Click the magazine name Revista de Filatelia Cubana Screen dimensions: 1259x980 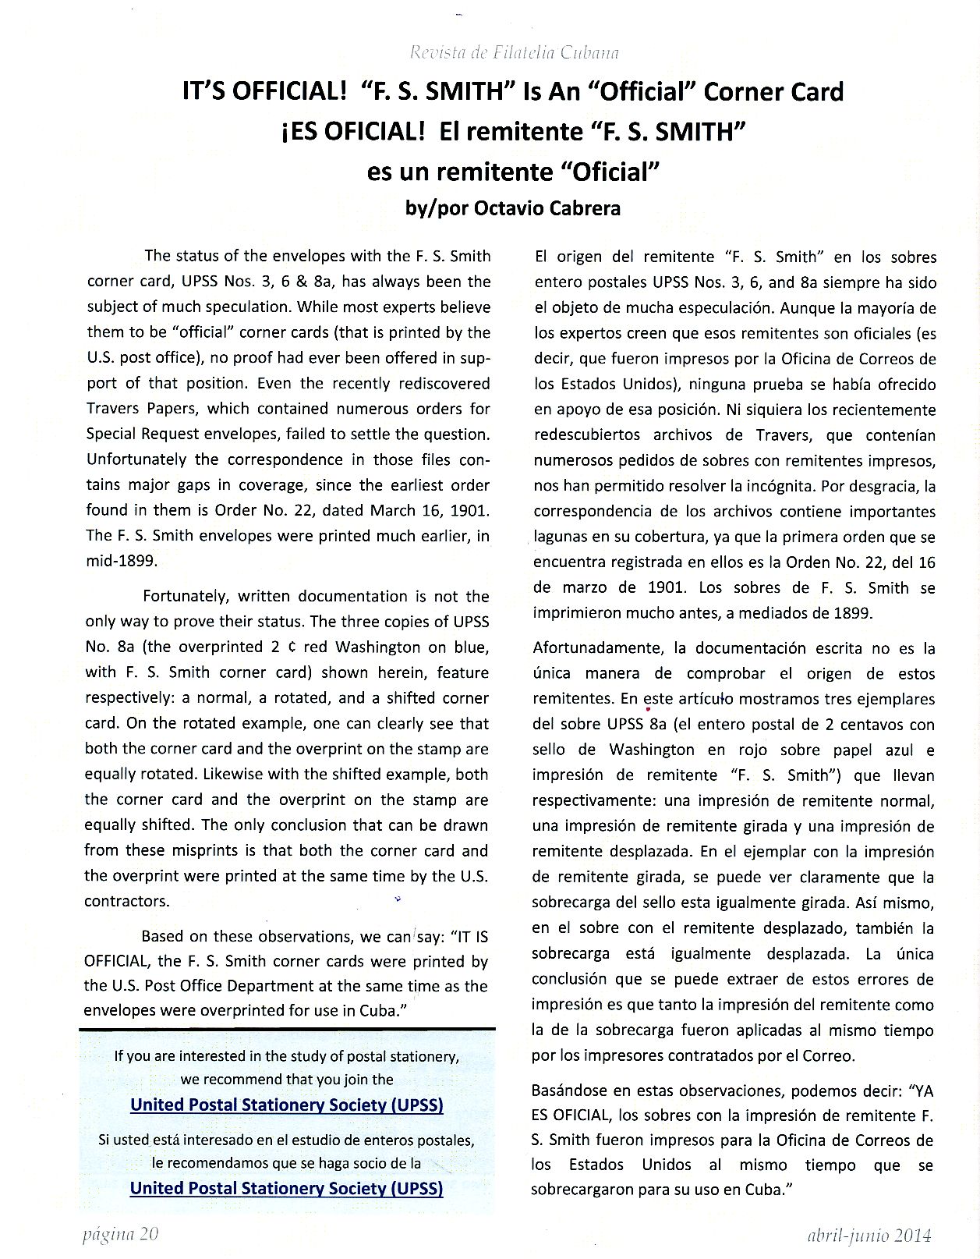point(514,53)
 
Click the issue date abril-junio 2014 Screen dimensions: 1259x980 point(869,1235)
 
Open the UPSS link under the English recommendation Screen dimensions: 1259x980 point(286,1105)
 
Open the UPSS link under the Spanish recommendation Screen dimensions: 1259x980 point(286,1188)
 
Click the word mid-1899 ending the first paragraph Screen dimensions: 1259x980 point(121,561)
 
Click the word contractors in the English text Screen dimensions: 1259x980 point(126,901)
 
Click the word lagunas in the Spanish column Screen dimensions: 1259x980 point(559,537)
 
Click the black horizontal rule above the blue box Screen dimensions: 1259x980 point(287,1030)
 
